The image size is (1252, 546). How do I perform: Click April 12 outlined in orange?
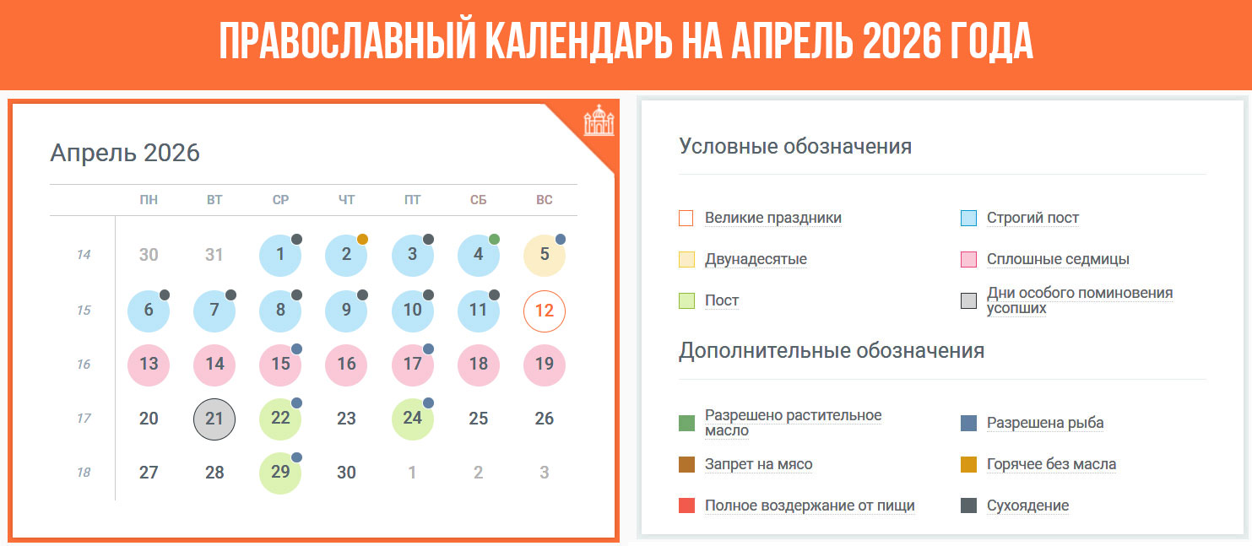coord(545,311)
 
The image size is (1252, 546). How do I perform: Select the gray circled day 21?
coord(214,419)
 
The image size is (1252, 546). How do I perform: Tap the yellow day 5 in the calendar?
coord(545,255)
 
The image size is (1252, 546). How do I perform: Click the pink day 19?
coord(545,365)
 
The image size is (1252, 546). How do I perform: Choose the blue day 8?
coord(280,311)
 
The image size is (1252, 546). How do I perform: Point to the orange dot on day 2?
coord(362,239)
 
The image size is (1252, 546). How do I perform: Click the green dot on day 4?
coord(494,239)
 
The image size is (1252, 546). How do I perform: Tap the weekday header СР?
coord(280,200)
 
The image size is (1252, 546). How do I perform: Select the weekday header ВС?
coord(545,200)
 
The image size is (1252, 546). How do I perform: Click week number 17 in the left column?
coord(84,419)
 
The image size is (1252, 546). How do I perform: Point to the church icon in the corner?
coord(599,121)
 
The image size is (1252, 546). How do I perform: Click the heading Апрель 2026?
coord(125,153)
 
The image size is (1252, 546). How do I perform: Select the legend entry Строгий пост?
coord(1032,218)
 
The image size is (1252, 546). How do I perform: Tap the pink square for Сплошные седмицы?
coord(968,260)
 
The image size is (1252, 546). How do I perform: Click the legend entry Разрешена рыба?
coord(1044,423)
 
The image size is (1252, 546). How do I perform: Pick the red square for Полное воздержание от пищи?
coord(687,506)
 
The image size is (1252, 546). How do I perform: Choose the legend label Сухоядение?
coord(1027,506)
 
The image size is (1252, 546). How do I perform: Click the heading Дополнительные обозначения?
coord(832,350)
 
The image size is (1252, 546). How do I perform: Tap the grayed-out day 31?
coord(214,255)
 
